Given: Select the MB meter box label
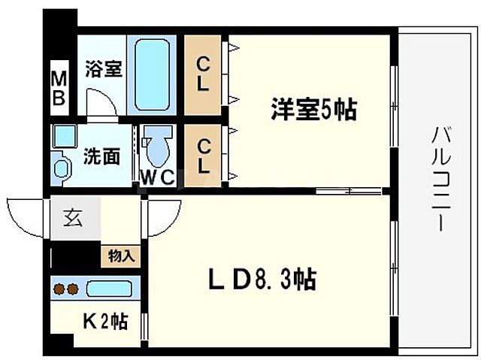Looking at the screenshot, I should pos(58,88).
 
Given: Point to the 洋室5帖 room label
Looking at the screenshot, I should pos(313,110).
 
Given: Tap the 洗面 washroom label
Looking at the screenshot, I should pos(101,156).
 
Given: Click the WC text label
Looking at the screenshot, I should pos(158,178).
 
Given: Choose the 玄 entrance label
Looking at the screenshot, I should pos(74,219).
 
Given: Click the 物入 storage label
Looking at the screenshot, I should pos(120,256).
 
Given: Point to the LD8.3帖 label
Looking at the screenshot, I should pos(261,280).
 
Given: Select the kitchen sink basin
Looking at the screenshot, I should pos(109,288).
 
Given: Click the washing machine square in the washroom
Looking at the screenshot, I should pos(64,137).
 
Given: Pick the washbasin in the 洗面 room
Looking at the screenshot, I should pos(59,167).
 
